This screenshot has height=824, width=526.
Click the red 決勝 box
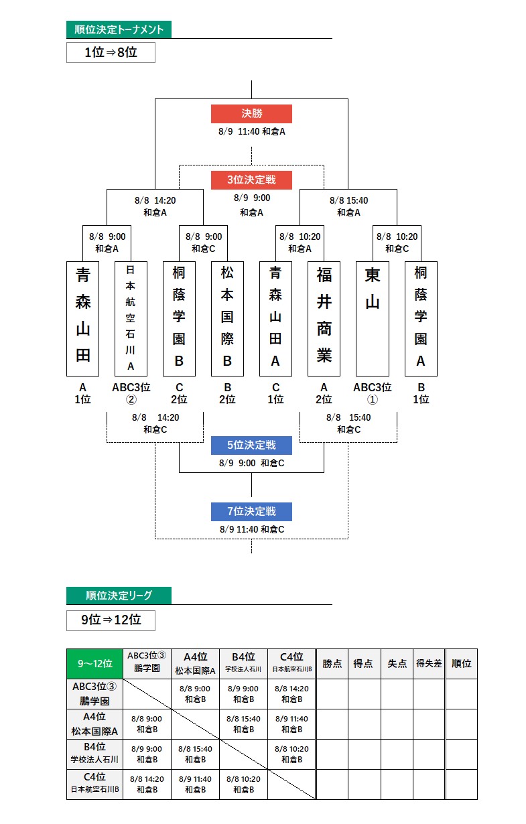pos(251,114)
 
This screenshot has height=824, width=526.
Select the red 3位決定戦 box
pos(251,180)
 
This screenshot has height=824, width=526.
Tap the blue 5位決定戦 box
pos(251,445)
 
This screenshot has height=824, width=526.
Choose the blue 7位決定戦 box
pos(251,512)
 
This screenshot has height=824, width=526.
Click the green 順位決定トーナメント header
pos(119,29)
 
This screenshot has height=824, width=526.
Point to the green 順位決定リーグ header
pos(119,595)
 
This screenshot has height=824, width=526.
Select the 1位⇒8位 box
pos(111,52)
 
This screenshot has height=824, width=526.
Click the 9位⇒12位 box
pos(111,620)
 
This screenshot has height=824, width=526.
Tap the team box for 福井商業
pos(324,318)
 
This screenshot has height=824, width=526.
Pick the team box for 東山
pos(373,318)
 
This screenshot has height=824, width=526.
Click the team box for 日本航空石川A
pos(131,318)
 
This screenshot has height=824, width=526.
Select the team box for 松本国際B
pos(227,318)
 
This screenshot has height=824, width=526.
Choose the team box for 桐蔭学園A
pos(421,318)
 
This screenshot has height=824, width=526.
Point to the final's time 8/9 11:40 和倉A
pos(251,131)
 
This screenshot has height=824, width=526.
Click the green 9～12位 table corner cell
pos(94,663)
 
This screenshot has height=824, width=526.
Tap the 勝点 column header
pos(332,663)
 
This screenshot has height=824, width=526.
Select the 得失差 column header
pos(429,663)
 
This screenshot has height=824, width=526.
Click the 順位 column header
pos(462,663)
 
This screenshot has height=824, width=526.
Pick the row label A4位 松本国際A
pos(94,724)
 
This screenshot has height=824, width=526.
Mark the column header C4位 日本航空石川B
pos(291,663)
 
